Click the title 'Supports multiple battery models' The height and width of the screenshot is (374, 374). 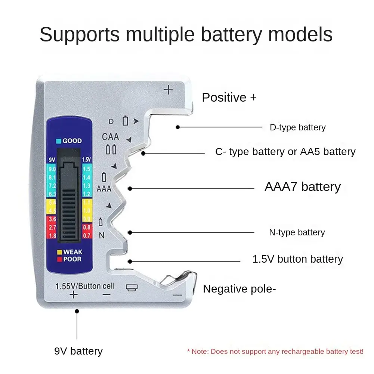(186, 35)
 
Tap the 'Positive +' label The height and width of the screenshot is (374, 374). (229, 98)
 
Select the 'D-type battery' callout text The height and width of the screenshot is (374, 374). (297, 127)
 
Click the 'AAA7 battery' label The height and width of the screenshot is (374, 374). (302, 186)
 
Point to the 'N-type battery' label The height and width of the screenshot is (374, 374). (297, 232)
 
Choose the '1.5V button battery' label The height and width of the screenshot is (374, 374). (297, 259)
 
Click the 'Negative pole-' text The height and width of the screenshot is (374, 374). (239, 289)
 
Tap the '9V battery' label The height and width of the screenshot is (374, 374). (78, 351)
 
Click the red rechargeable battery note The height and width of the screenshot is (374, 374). (275, 352)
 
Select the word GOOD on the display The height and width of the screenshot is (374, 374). (72, 141)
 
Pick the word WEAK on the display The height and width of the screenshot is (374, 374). (72, 252)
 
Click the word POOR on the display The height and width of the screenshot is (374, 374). (72, 259)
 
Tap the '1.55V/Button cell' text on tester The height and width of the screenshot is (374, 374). (85, 287)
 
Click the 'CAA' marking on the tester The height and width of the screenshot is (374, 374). (110, 137)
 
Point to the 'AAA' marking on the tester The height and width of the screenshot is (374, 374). (104, 189)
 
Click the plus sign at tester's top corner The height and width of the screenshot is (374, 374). (169, 90)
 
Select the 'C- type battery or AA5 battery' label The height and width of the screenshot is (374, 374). (285, 152)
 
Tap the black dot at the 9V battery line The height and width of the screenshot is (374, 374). (77, 311)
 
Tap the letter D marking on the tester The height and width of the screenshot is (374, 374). (111, 121)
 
